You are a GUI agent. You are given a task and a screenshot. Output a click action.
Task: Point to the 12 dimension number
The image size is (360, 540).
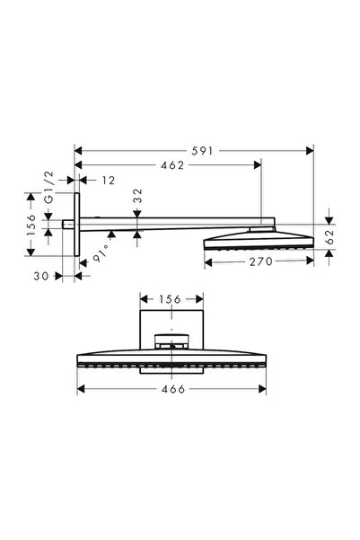click(107, 181)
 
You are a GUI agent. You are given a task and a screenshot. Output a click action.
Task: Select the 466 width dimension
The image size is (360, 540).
click(173, 390)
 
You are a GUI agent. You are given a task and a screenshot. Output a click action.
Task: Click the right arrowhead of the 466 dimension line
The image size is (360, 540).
click(265, 390)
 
